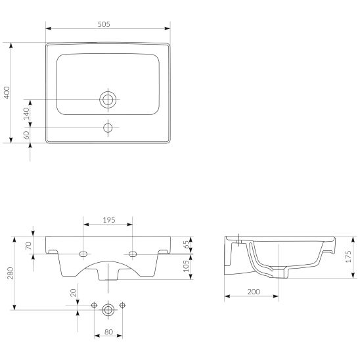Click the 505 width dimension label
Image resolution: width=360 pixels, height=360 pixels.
(104, 24)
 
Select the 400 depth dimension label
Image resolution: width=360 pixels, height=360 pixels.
(7, 93)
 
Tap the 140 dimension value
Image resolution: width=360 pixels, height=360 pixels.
(26, 114)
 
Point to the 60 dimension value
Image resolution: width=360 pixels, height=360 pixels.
(27, 135)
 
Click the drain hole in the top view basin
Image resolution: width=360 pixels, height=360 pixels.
(108, 100)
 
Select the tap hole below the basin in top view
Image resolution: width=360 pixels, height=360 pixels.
(108, 127)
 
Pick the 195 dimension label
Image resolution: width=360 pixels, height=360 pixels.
(109, 220)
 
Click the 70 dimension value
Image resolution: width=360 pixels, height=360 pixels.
(28, 246)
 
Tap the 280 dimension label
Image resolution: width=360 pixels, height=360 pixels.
(11, 273)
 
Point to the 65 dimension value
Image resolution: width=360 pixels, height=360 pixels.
(187, 244)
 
